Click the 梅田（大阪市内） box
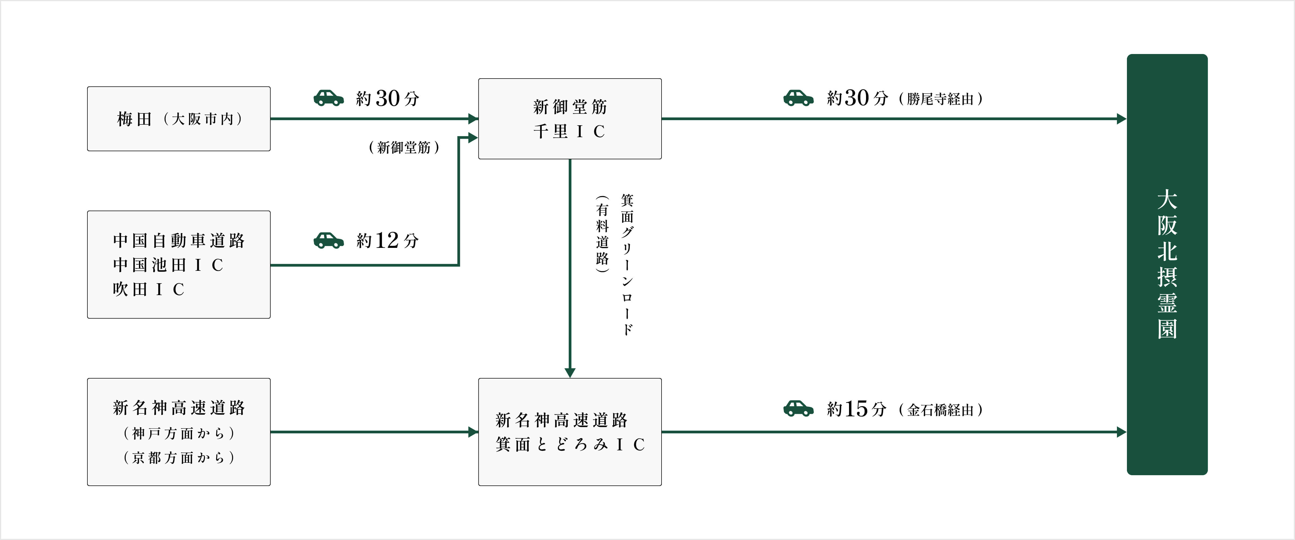[x=178, y=119]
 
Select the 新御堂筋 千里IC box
[x=570, y=119]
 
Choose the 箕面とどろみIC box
[x=570, y=432]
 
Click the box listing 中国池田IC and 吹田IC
[x=178, y=264]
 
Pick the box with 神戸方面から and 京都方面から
[x=178, y=432]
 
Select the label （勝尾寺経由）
[x=940, y=99]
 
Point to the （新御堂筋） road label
[x=404, y=147]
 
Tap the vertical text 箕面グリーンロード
[x=627, y=264]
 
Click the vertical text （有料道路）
[x=602, y=234]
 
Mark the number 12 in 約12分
[x=387, y=240]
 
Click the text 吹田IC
[x=149, y=289]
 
